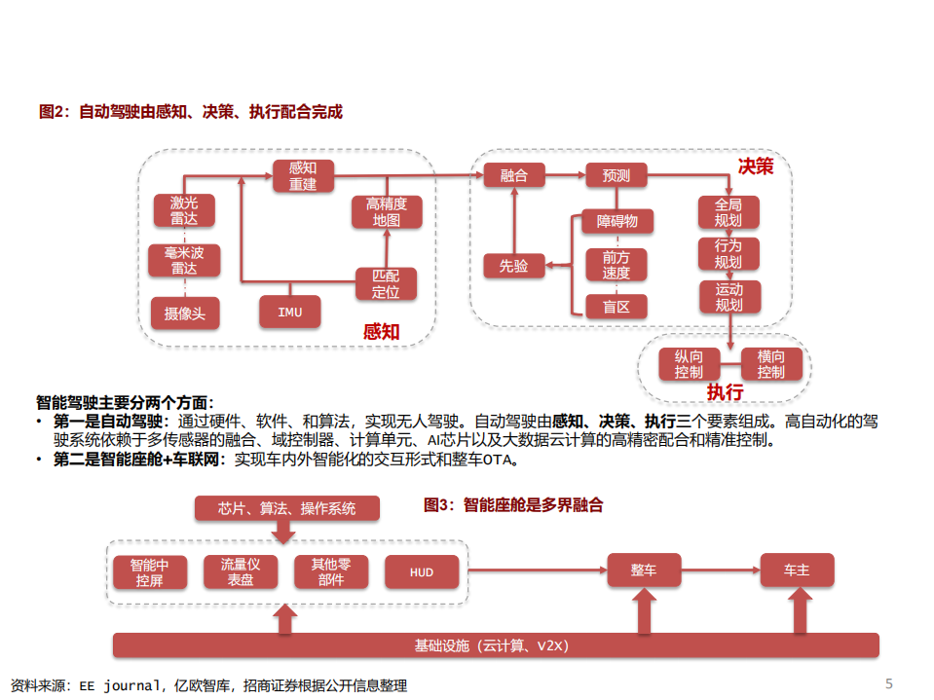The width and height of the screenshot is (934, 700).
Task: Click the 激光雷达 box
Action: [184, 210]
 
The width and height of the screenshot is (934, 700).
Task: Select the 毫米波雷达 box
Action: [184, 260]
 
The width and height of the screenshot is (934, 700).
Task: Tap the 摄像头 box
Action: [184, 313]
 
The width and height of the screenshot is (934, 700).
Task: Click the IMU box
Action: [289, 312]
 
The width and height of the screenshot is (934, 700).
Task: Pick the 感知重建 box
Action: [303, 175]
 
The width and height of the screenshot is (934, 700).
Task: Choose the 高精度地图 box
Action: [387, 211]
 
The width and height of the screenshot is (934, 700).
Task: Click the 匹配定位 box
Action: [387, 283]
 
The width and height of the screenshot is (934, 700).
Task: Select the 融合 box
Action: [513, 175]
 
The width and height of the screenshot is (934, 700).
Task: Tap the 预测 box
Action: [616, 175]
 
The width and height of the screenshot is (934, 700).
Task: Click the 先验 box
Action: [513, 265]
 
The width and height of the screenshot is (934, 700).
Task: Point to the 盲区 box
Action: [616, 307]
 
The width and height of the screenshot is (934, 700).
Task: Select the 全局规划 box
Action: [729, 212]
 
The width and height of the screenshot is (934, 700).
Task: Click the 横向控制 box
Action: [770, 364]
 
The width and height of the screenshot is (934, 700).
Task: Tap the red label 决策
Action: [755, 166]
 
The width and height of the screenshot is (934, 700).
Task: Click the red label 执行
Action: [725, 392]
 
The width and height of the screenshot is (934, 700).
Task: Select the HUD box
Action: [421, 571]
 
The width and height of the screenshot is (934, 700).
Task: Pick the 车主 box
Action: [797, 570]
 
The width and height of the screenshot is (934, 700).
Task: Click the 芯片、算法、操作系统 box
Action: [286, 508]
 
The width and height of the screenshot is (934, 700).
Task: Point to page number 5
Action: [888, 682]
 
